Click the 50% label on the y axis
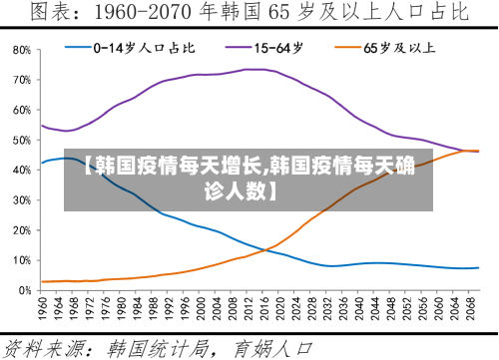pyautogui.click(x=21, y=140)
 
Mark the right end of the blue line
pyautogui.click(x=478, y=268)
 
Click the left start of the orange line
pyautogui.click(x=41, y=281)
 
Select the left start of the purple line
pyautogui.click(x=41, y=125)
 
